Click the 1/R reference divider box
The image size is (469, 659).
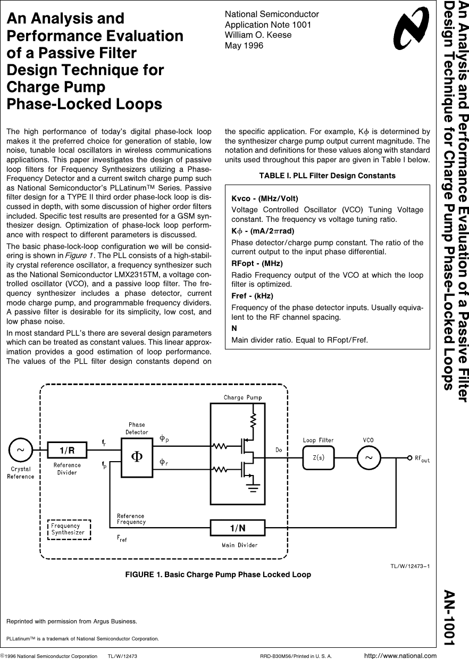point(67,451)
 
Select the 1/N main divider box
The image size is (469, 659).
point(237,528)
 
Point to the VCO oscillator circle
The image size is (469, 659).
point(368,457)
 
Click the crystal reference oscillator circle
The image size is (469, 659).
point(20,450)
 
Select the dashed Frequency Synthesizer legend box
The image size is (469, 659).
point(69,529)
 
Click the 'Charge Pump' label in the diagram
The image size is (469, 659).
point(242,397)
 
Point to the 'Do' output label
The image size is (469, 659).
point(279,451)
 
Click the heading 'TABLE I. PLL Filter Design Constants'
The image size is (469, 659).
point(327,176)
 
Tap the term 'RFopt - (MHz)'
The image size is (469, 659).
point(257,263)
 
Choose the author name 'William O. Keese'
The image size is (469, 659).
point(258,35)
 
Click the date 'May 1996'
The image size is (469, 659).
point(244,45)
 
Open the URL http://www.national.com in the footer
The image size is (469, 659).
point(400,655)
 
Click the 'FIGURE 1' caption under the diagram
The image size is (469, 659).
point(218,574)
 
